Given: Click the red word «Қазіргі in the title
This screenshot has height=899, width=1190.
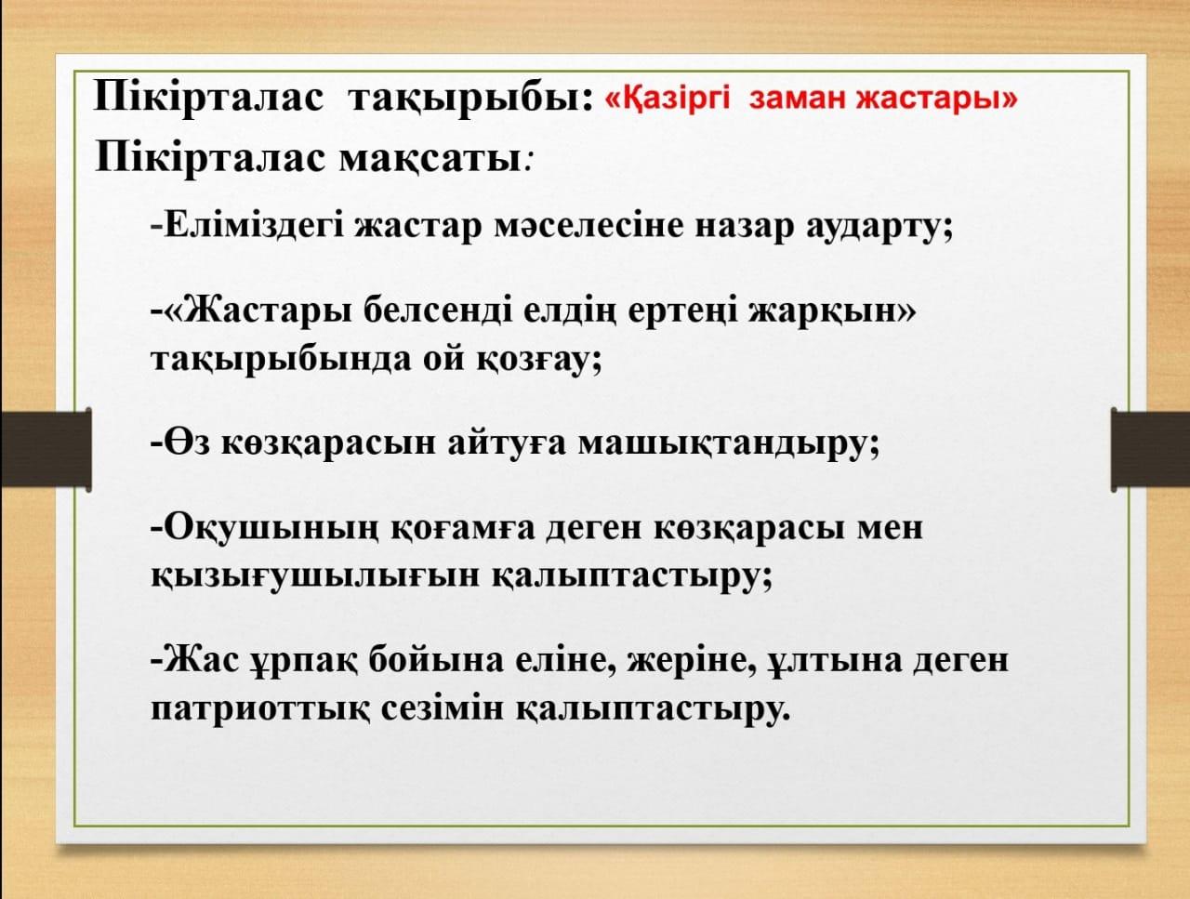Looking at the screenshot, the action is coord(668,99).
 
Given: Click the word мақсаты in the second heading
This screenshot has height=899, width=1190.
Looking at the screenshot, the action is coord(430,161).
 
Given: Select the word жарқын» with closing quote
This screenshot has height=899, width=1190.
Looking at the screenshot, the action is coord(832,314).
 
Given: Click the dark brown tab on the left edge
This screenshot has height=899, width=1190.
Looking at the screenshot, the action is coord(46,449).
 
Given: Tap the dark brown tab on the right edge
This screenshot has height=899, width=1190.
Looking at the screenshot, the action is coord(1150,450).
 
